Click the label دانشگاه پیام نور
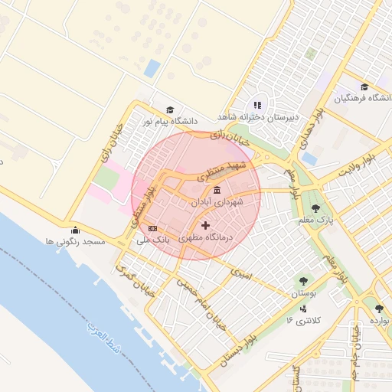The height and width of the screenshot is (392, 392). click(x=169, y=122)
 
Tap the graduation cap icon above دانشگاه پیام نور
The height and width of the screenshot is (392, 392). click(x=170, y=110)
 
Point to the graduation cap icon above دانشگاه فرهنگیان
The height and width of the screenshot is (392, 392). click(x=364, y=87)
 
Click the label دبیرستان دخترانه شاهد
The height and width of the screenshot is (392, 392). click(x=257, y=116)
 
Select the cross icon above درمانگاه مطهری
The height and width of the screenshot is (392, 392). click(x=204, y=226)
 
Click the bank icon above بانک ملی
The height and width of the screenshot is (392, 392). click(x=152, y=228)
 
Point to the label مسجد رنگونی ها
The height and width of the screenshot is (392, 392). click(x=74, y=242)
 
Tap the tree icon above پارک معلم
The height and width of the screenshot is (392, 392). click(x=315, y=207)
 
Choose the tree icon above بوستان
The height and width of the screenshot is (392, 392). click(x=305, y=281)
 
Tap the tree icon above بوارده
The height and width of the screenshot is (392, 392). click(x=379, y=309)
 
